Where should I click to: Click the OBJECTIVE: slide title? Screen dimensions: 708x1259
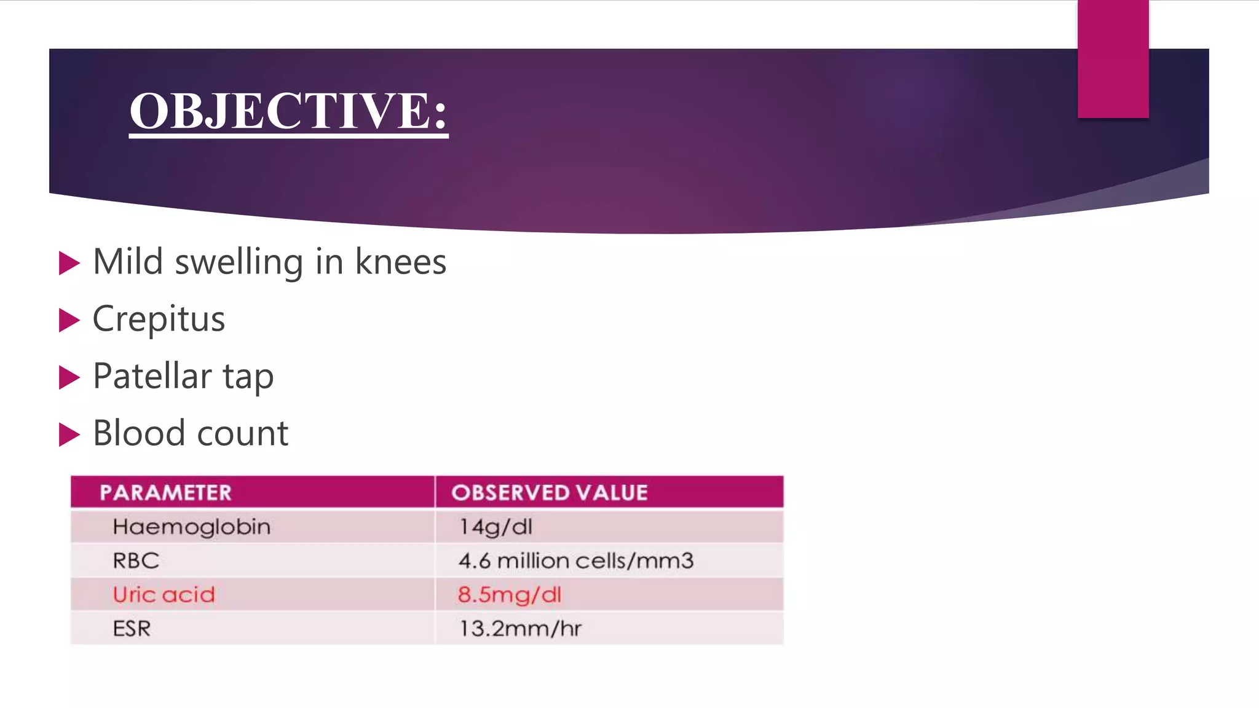(288, 111)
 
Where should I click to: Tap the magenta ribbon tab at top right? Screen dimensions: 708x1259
(1113, 59)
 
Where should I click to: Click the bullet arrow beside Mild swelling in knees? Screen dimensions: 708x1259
(69, 263)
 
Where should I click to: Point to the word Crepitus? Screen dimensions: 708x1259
(159, 319)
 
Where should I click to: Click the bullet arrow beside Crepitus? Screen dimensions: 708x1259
(69, 320)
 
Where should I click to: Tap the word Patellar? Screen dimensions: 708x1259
(152, 376)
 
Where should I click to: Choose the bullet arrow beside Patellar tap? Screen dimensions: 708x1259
(69, 377)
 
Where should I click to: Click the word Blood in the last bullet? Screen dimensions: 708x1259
(138, 433)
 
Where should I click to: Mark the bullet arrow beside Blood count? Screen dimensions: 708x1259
(69, 435)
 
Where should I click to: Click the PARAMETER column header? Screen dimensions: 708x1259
(166, 492)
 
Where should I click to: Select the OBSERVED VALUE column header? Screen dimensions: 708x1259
(550, 492)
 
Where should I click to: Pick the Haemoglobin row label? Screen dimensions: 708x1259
(191, 527)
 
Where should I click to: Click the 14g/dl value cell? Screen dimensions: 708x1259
(495, 527)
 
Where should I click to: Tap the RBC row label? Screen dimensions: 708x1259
(136, 560)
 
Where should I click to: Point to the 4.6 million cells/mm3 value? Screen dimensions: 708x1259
(576, 560)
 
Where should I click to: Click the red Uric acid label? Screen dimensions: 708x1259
(164, 594)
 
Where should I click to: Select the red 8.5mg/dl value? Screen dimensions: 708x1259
(509, 594)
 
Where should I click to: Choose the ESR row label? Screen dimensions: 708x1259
(132, 629)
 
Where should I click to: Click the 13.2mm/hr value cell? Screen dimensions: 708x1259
(520, 629)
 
